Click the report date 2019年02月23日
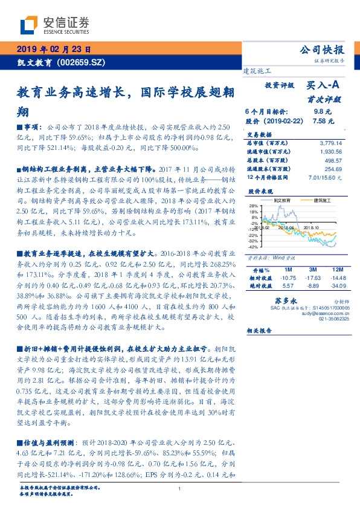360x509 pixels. [54, 49]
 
